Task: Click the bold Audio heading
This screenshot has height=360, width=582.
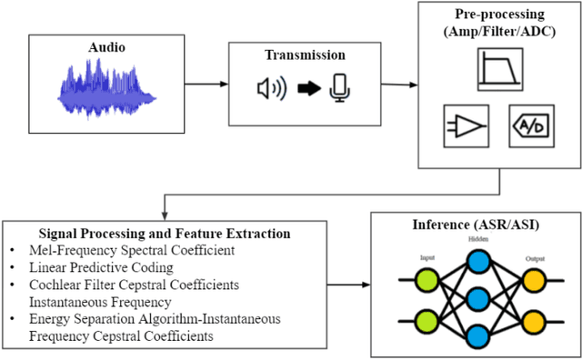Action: pyautogui.click(x=107, y=46)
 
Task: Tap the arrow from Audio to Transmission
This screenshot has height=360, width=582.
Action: pyautogui.click(x=206, y=85)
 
